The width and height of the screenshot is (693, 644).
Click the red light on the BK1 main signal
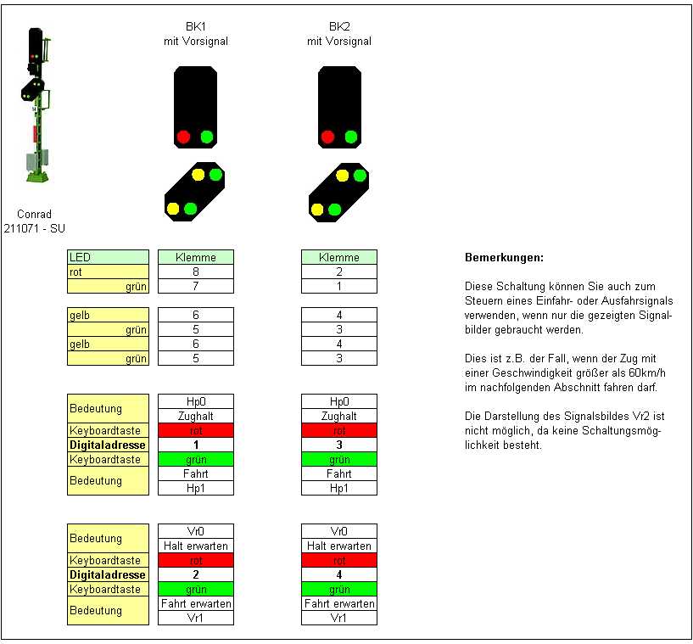coord(182,137)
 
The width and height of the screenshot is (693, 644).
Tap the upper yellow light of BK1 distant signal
coord(198,176)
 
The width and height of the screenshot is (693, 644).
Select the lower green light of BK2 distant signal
coord(334,209)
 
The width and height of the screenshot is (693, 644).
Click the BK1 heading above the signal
coord(195,26)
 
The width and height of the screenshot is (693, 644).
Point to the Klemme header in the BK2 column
coord(339,257)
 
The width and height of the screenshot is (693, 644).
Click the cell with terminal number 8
coord(195,272)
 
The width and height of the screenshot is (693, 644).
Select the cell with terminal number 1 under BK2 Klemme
coord(339,287)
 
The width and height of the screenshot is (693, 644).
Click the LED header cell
coord(108,257)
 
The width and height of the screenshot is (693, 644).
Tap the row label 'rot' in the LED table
coord(108,272)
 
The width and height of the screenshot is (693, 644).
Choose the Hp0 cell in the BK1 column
coord(195,401)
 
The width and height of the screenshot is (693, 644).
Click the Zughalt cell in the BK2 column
coord(339,417)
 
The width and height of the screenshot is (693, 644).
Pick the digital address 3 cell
coord(339,445)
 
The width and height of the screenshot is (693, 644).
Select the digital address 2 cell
coord(195,574)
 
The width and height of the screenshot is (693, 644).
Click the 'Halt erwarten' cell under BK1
coord(195,546)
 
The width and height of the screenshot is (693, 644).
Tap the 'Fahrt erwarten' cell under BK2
coord(339,603)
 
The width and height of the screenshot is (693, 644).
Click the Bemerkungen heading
coord(504,257)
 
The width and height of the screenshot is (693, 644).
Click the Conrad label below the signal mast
coord(34,214)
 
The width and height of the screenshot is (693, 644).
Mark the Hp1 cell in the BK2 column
coord(339,488)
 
